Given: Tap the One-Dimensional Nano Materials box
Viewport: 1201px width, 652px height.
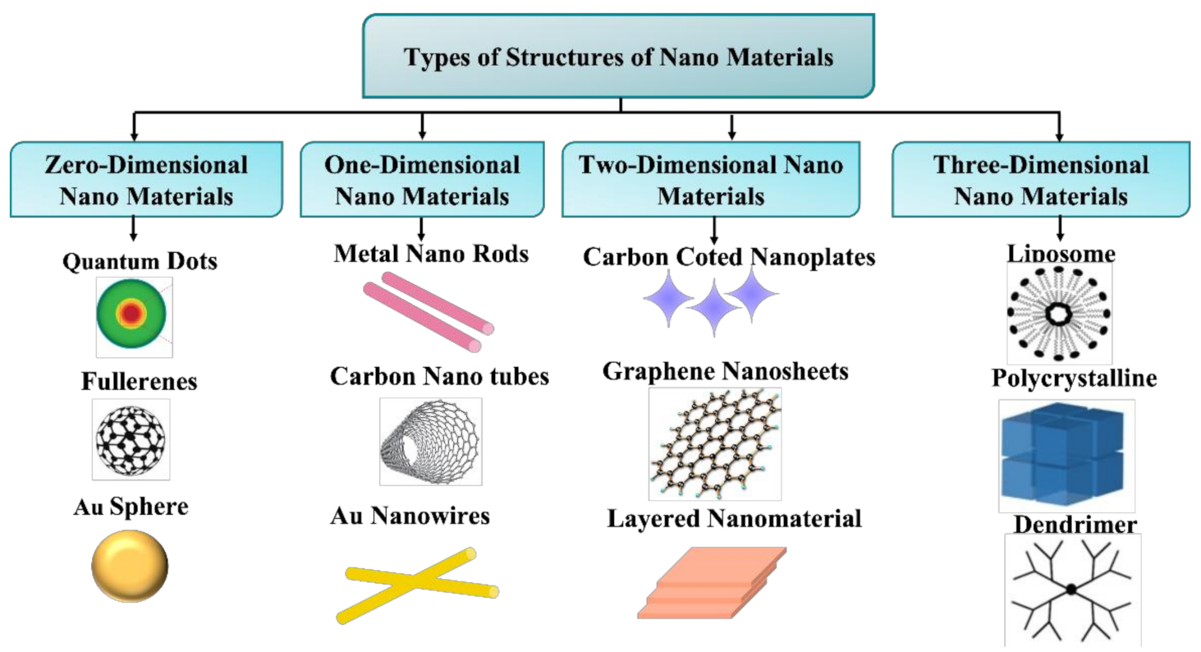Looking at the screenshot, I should pyautogui.click(x=422, y=180).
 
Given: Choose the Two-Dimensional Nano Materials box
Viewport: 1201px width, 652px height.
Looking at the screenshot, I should pyautogui.click(x=712, y=180).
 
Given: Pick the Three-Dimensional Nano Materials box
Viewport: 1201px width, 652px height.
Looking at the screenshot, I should pyautogui.click(x=1041, y=180).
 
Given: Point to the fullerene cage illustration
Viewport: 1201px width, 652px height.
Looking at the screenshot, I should pyautogui.click(x=131, y=439).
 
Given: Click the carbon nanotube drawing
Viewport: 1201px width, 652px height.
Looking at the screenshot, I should pyautogui.click(x=431, y=441).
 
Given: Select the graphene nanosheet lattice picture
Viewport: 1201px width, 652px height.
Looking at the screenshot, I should pyautogui.click(x=714, y=443).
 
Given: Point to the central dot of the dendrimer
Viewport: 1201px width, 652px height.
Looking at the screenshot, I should pyautogui.click(x=1070, y=589).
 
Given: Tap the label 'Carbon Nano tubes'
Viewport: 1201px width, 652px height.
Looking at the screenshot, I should pyautogui.click(x=439, y=376).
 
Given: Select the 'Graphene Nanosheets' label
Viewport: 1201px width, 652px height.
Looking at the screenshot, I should pyautogui.click(x=725, y=371).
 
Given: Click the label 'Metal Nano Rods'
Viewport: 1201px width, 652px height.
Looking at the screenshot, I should pyautogui.click(x=431, y=254).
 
